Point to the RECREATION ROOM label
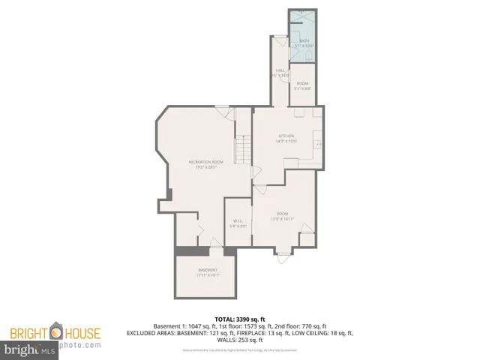point(206,162)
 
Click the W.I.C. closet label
point(237,220)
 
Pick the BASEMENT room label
point(208,270)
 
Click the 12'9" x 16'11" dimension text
point(282,218)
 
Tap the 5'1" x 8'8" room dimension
point(302,88)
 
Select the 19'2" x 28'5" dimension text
point(206,167)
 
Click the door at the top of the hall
point(280,40)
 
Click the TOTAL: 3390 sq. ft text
point(239,318)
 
